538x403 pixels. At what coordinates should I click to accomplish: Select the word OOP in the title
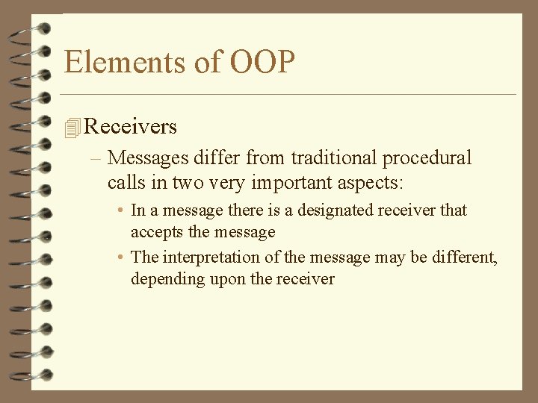click(x=262, y=62)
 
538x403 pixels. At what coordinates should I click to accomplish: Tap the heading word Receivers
click(x=130, y=127)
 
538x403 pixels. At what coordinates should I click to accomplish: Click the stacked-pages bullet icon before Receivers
click(x=72, y=128)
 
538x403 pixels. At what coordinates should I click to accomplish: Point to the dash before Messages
click(x=99, y=159)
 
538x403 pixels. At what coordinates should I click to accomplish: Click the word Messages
click(x=147, y=158)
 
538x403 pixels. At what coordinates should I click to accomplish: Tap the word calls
click(x=124, y=181)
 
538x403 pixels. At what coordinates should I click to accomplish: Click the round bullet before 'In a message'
click(x=120, y=211)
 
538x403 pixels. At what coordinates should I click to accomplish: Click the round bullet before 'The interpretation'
click(x=120, y=258)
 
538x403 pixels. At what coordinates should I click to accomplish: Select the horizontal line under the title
click(x=288, y=95)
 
